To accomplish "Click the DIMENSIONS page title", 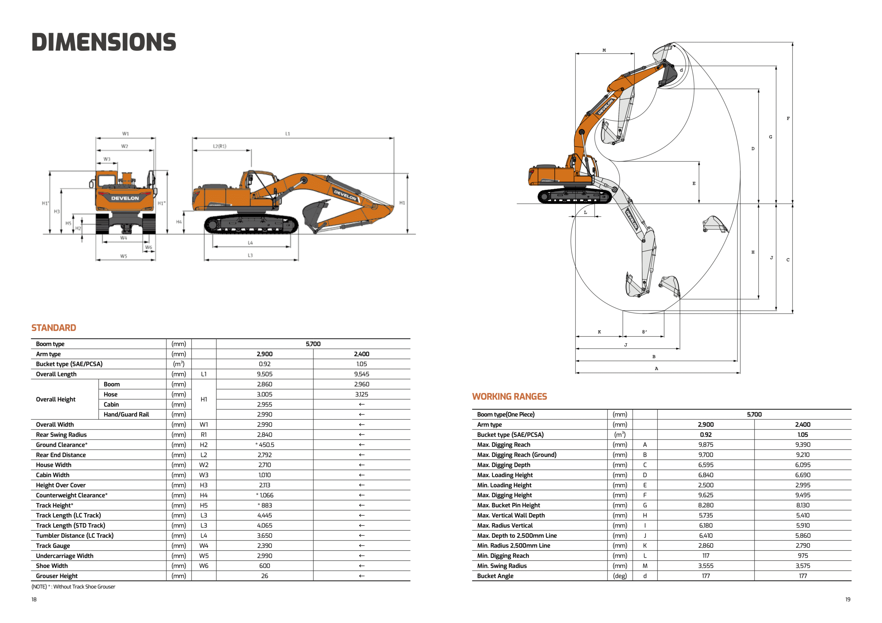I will click(x=104, y=42).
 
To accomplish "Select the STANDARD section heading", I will click(x=54, y=328).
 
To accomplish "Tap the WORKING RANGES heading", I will click(x=509, y=397).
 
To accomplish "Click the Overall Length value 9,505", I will click(x=265, y=374).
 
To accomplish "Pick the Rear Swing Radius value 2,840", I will click(x=265, y=434).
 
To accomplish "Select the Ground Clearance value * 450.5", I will click(x=265, y=445).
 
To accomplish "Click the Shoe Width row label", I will click(x=52, y=566).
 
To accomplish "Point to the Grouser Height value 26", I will click(x=265, y=576).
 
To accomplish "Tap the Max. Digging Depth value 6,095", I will click(x=802, y=465).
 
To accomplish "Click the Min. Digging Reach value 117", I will click(x=706, y=556).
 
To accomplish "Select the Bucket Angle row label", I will click(x=495, y=576).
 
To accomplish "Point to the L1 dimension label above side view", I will click(x=288, y=134).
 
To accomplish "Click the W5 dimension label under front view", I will click(x=123, y=256).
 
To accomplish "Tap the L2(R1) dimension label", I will click(x=220, y=146).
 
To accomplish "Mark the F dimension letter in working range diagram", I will click(x=788, y=119).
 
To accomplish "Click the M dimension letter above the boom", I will click(x=604, y=50).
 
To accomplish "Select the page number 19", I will click(x=848, y=599).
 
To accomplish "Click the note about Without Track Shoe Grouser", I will click(x=73, y=587).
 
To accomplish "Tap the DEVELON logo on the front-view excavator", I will click(x=125, y=198).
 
